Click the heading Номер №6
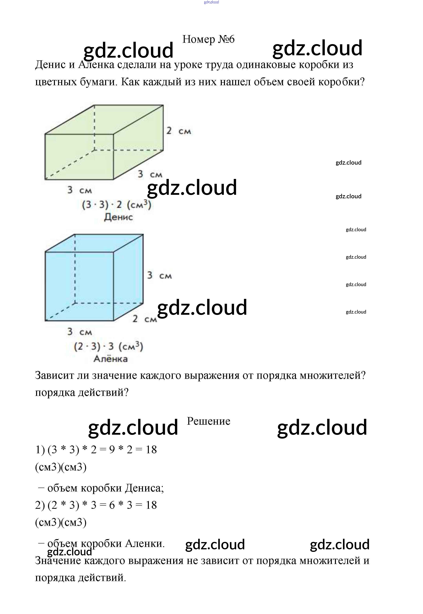point(208,39)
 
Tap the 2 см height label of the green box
point(179,131)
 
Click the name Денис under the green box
point(118,217)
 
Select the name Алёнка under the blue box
point(111,359)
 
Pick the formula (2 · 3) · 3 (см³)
point(109,346)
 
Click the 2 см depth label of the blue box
point(145,319)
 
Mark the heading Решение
point(209,421)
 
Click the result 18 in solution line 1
point(151,450)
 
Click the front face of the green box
point(79,157)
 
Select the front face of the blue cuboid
point(79,286)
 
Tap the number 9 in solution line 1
point(112,450)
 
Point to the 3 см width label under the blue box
point(79,331)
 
